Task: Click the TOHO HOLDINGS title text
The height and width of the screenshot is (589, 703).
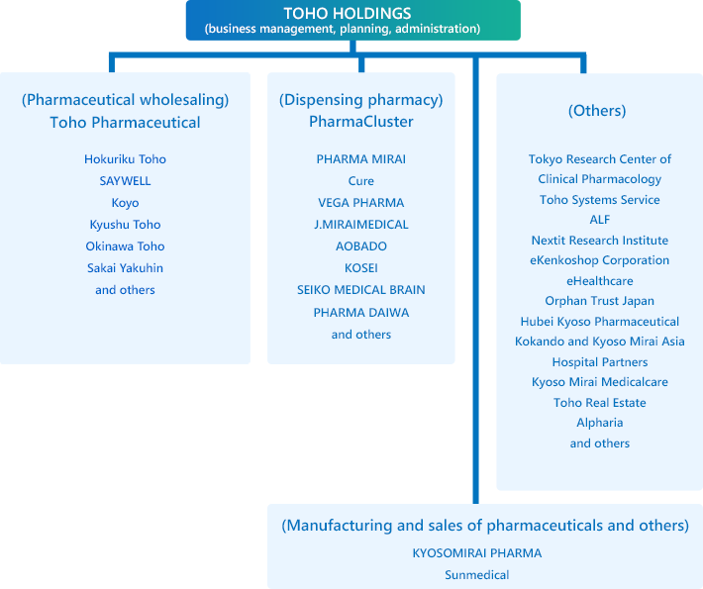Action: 348,13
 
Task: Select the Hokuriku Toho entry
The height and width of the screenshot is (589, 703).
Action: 125,159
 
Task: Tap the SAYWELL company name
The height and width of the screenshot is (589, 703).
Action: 125,180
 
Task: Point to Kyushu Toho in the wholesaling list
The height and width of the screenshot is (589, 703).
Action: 125,225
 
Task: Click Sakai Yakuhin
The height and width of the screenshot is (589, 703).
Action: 125,268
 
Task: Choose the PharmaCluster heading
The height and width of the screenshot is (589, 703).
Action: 361,122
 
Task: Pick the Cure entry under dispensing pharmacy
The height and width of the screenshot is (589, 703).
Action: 361,180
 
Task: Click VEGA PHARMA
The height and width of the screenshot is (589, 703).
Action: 361,203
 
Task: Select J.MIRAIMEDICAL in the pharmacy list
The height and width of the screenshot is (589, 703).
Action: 361,224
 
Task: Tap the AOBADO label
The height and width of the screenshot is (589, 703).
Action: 361,246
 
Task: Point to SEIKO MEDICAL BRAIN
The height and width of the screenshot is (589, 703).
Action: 361,290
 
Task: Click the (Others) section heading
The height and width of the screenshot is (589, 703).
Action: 597,110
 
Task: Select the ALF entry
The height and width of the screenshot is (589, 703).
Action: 600,220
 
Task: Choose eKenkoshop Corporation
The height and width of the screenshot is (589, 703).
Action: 600,260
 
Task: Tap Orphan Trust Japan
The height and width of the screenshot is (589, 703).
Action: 600,301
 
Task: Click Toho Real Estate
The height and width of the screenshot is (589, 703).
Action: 600,403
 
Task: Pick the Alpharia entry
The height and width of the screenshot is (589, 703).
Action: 600,423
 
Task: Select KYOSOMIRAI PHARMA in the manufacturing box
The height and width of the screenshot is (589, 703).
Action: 477,553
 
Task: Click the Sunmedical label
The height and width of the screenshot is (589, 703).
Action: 477,575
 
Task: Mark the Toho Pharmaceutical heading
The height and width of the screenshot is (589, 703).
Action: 125,123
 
